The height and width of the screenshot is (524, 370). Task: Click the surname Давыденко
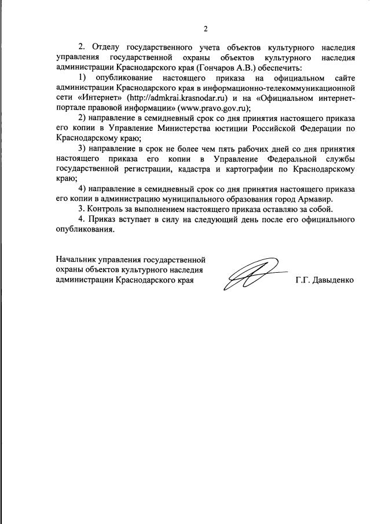pyautogui.click(x=333, y=280)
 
